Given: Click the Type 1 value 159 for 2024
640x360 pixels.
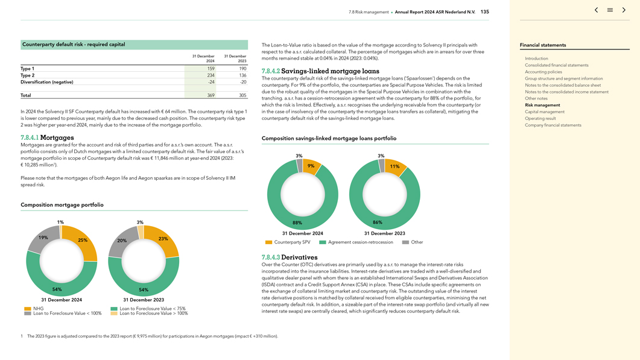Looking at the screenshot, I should [211, 69].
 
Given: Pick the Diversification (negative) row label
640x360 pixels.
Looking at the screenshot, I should [47, 82].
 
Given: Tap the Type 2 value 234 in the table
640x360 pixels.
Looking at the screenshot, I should [211, 75].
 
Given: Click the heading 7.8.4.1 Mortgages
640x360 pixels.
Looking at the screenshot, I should [47, 137].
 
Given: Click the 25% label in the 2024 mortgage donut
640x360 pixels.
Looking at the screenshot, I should [83, 240].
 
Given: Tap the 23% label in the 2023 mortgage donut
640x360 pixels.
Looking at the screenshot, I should [163, 239].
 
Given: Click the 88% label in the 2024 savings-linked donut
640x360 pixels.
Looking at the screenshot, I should [297, 223].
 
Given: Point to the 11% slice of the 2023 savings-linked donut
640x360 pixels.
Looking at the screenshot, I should [395, 166].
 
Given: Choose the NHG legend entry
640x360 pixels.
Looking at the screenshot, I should [38, 309].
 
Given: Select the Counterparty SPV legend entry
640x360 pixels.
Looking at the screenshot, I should [292, 242].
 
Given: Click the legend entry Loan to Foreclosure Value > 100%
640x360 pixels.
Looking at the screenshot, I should [153, 314].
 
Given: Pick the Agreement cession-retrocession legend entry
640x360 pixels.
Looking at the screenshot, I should [360, 242].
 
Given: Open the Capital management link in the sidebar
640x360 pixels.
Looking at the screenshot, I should [545, 112].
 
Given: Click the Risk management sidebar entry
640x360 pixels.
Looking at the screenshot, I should [542, 105].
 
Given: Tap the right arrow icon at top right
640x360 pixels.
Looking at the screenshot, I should [624, 10].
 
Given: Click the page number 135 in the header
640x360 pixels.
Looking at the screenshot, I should [485, 12].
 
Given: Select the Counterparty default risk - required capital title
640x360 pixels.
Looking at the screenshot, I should [74, 45].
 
